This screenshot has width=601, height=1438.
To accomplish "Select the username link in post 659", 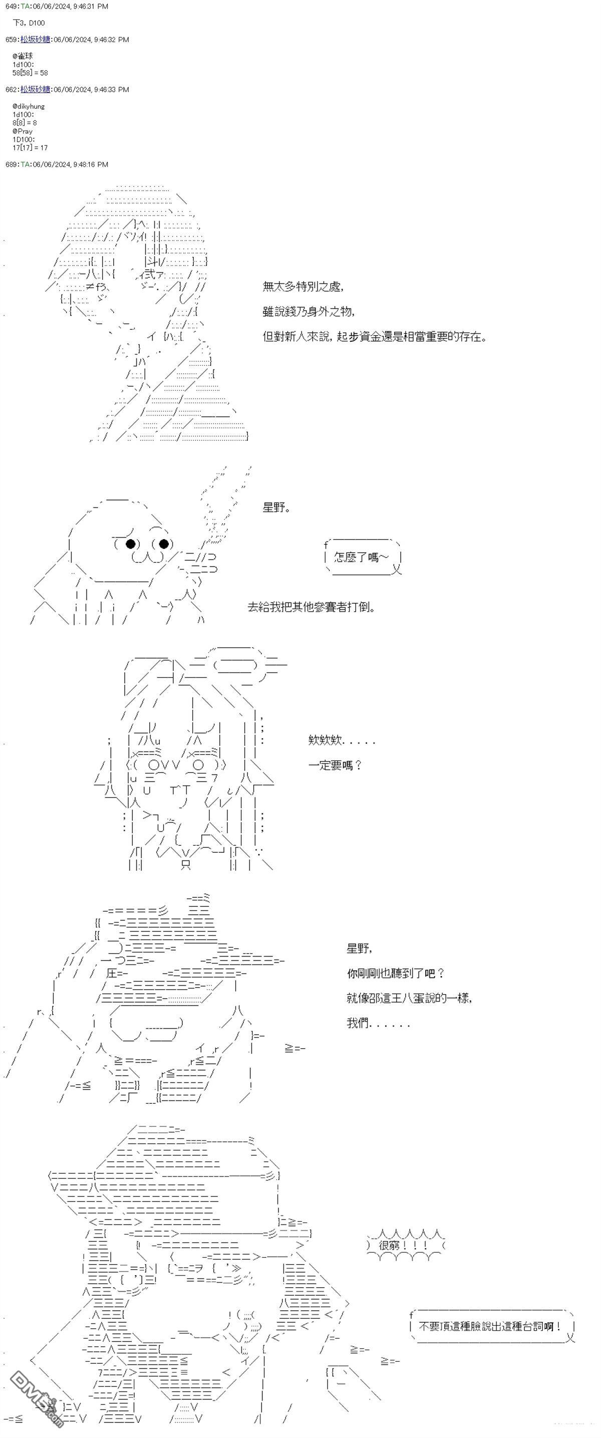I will click(35, 40).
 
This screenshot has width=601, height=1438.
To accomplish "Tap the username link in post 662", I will click(35, 89).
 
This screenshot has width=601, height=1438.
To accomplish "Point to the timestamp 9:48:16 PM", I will click(90, 165).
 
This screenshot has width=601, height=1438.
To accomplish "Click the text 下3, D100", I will click(29, 23).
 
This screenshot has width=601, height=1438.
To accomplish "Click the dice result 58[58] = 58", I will click(30, 73).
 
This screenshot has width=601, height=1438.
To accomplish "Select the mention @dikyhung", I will click(29, 106).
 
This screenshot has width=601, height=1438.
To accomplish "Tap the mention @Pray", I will click(23, 131).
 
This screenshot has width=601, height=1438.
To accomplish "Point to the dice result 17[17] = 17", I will click(30, 148).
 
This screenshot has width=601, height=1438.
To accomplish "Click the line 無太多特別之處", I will click(303, 287).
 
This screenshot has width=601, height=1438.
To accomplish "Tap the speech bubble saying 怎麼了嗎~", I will click(362, 557).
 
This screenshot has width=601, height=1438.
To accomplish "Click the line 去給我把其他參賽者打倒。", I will click(312, 607).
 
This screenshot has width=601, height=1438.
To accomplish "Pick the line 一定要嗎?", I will click(336, 765).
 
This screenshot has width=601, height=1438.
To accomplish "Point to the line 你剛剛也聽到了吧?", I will click(396, 973).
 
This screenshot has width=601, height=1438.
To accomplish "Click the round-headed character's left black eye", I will click(131, 543).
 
